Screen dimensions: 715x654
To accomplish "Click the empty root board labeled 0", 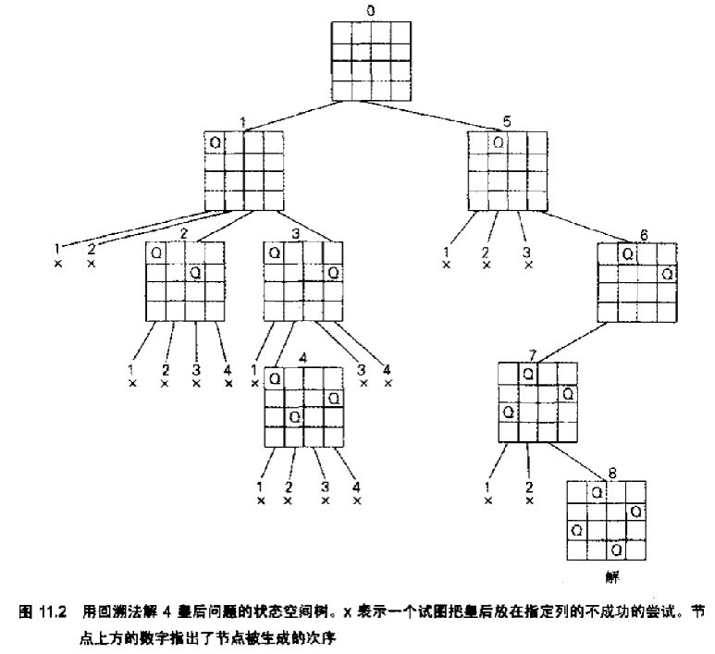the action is pyautogui.click(x=368, y=60).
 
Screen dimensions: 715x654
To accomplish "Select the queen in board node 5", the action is pyautogui.click(x=499, y=142).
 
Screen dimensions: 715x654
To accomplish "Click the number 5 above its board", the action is pyautogui.click(x=506, y=121).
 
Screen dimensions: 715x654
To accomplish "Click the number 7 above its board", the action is pyautogui.click(x=533, y=353).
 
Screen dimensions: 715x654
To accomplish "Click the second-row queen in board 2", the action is pyautogui.click(x=195, y=272).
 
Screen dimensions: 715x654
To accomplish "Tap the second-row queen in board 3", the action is pyautogui.click(x=333, y=272).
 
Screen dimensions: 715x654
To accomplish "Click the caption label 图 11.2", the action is pyautogui.click(x=43, y=611).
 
